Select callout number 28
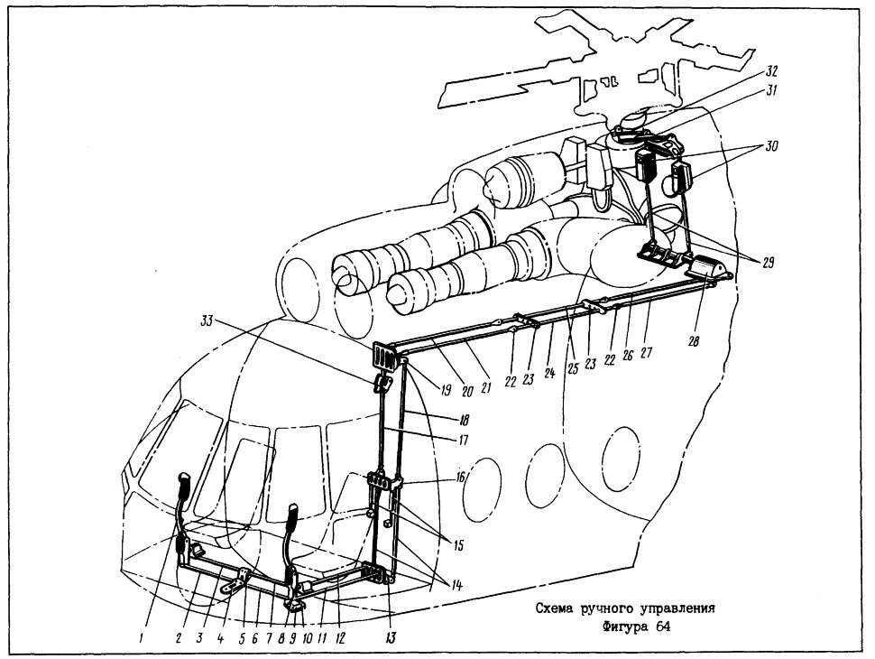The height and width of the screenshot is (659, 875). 694,340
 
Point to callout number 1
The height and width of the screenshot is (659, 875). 142,640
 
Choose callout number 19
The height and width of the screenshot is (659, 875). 445,390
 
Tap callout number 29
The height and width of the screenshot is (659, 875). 768,263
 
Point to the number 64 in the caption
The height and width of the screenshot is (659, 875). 662,627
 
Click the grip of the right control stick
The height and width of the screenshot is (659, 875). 295,514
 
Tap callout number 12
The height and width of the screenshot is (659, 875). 340,637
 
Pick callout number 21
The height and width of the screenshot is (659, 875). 485,386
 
